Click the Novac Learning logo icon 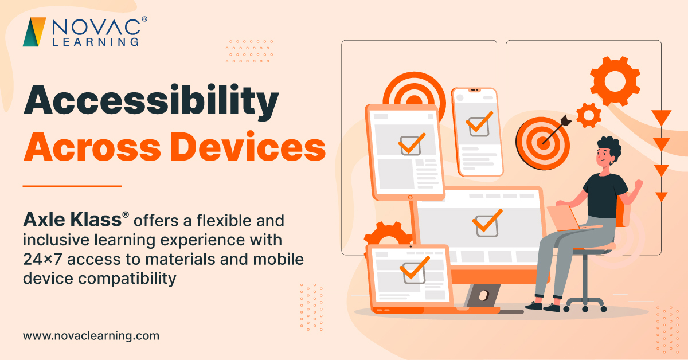click(34, 32)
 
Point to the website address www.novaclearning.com click(91, 336)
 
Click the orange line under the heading click(72, 186)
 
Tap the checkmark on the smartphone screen click(479, 124)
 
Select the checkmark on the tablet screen click(411, 143)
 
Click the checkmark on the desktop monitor click(487, 222)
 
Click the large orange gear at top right click(615, 81)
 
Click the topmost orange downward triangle click(662, 118)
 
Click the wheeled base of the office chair click(585, 302)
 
